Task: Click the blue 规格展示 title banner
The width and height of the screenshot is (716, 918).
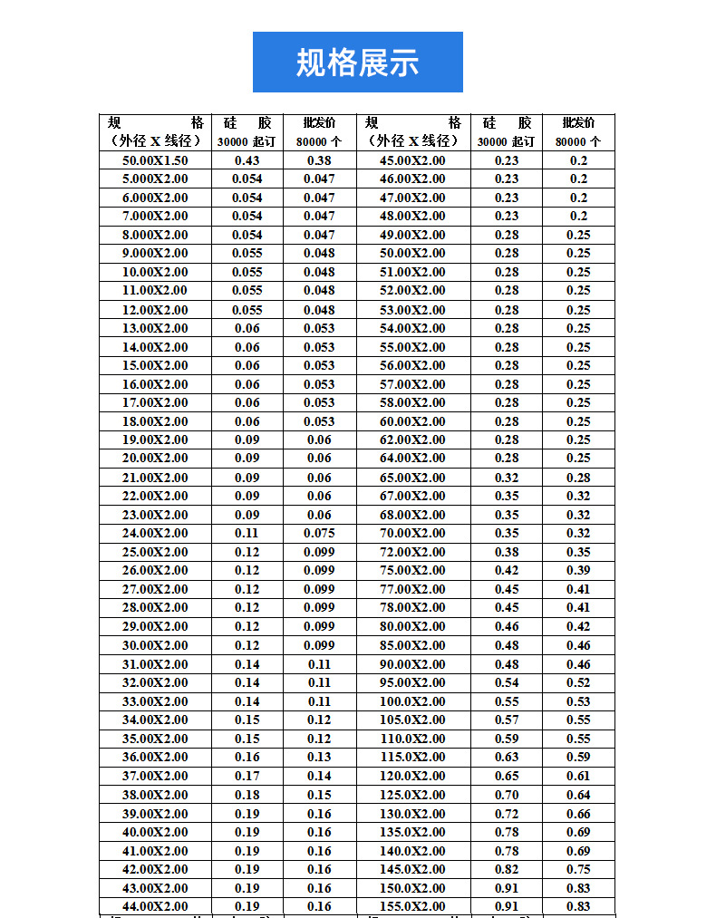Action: pos(357,62)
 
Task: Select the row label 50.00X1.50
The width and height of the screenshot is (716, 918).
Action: pos(155,159)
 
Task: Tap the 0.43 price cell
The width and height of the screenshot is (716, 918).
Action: pos(247,159)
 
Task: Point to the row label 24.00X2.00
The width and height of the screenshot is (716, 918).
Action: pos(155,533)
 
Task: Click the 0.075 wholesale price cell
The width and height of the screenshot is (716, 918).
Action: pos(319,533)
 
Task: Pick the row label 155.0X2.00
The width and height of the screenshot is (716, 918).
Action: pos(412,906)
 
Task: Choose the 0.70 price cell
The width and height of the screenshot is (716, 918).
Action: pos(507,795)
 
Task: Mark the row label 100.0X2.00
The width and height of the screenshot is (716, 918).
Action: pos(412,701)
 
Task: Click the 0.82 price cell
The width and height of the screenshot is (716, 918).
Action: pos(507,869)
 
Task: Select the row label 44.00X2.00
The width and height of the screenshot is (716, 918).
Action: pos(155,906)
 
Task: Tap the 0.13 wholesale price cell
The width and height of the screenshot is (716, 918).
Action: pos(319,757)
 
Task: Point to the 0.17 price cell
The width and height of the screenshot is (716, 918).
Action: pos(247,776)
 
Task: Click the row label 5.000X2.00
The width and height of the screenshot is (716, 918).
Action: pos(155,179)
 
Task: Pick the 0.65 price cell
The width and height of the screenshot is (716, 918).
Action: pos(507,776)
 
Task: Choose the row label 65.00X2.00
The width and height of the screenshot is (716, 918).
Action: pos(412,478)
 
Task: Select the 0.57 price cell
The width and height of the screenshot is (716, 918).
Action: pos(507,720)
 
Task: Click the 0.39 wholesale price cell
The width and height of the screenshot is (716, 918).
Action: pos(578,570)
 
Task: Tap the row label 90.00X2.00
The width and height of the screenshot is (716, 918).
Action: pos(412,664)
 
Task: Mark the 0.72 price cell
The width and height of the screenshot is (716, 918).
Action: pos(507,814)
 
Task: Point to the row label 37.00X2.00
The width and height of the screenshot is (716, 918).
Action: pos(155,776)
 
